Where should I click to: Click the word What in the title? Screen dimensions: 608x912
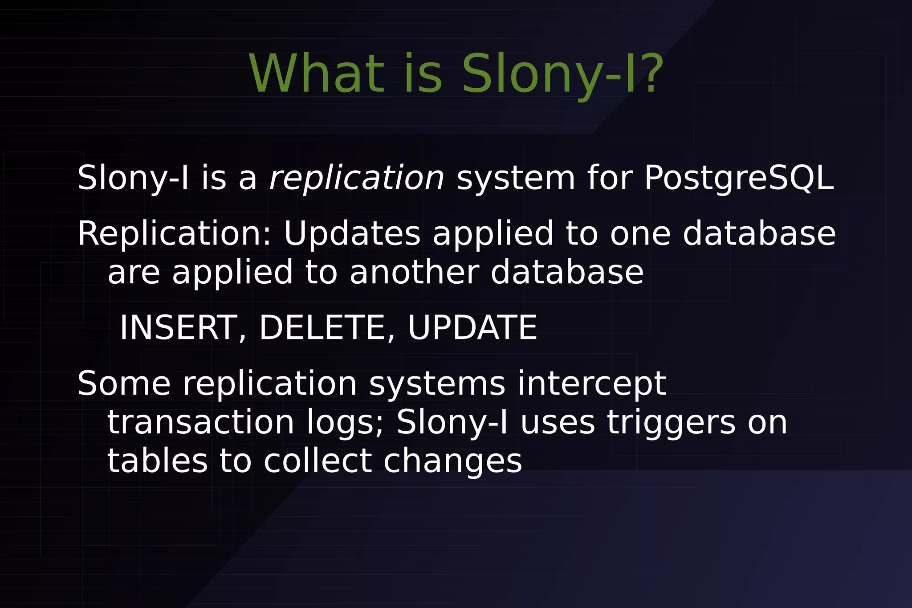click(317, 74)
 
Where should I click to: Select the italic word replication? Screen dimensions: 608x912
click(357, 178)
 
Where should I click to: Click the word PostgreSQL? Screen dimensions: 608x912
click(739, 178)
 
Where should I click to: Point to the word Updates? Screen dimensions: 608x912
click(352, 234)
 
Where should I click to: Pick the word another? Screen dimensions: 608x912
click(414, 272)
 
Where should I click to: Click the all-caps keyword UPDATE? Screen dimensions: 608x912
click(472, 328)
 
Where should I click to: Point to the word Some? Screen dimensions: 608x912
click(124, 384)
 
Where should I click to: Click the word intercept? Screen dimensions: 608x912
click(591, 384)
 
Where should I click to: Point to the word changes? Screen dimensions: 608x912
click(452, 461)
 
